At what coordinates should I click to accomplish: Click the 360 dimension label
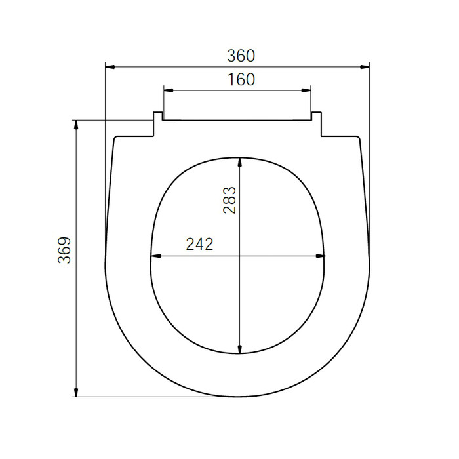point(241,56)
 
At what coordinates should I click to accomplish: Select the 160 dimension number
point(241,79)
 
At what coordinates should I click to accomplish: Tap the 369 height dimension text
point(64,250)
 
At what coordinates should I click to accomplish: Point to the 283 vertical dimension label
point(229,200)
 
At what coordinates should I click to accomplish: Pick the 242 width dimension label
point(199,245)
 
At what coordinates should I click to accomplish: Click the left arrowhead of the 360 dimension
point(110,67)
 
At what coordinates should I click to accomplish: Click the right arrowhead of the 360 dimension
point(365,67)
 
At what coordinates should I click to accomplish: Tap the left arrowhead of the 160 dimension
point(169,90)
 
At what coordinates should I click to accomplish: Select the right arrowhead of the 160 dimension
point(306,90)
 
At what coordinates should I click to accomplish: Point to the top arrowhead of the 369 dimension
point(76,125)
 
